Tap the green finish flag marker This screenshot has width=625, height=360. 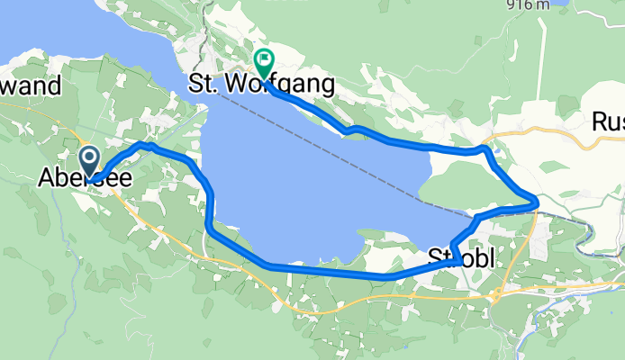pos(264,62)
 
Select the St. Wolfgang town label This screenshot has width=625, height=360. pos(261,85)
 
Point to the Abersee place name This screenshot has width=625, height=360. pos(85,180)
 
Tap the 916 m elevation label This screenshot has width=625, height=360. pos(530,4)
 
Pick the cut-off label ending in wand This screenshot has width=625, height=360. pos(31,86)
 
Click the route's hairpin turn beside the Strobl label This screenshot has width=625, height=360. pos(458,261)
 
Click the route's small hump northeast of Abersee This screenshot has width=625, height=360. pos(144,144)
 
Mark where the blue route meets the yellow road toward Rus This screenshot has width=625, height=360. pos(486,146)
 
